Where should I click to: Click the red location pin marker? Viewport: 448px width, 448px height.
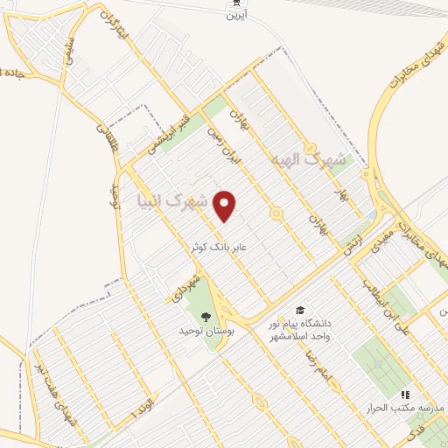point(226,206)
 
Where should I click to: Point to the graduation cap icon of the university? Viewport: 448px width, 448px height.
point(300,311)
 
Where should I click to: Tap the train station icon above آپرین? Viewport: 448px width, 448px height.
point(232,3)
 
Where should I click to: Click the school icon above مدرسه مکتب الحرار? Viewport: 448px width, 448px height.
point(405,395)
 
